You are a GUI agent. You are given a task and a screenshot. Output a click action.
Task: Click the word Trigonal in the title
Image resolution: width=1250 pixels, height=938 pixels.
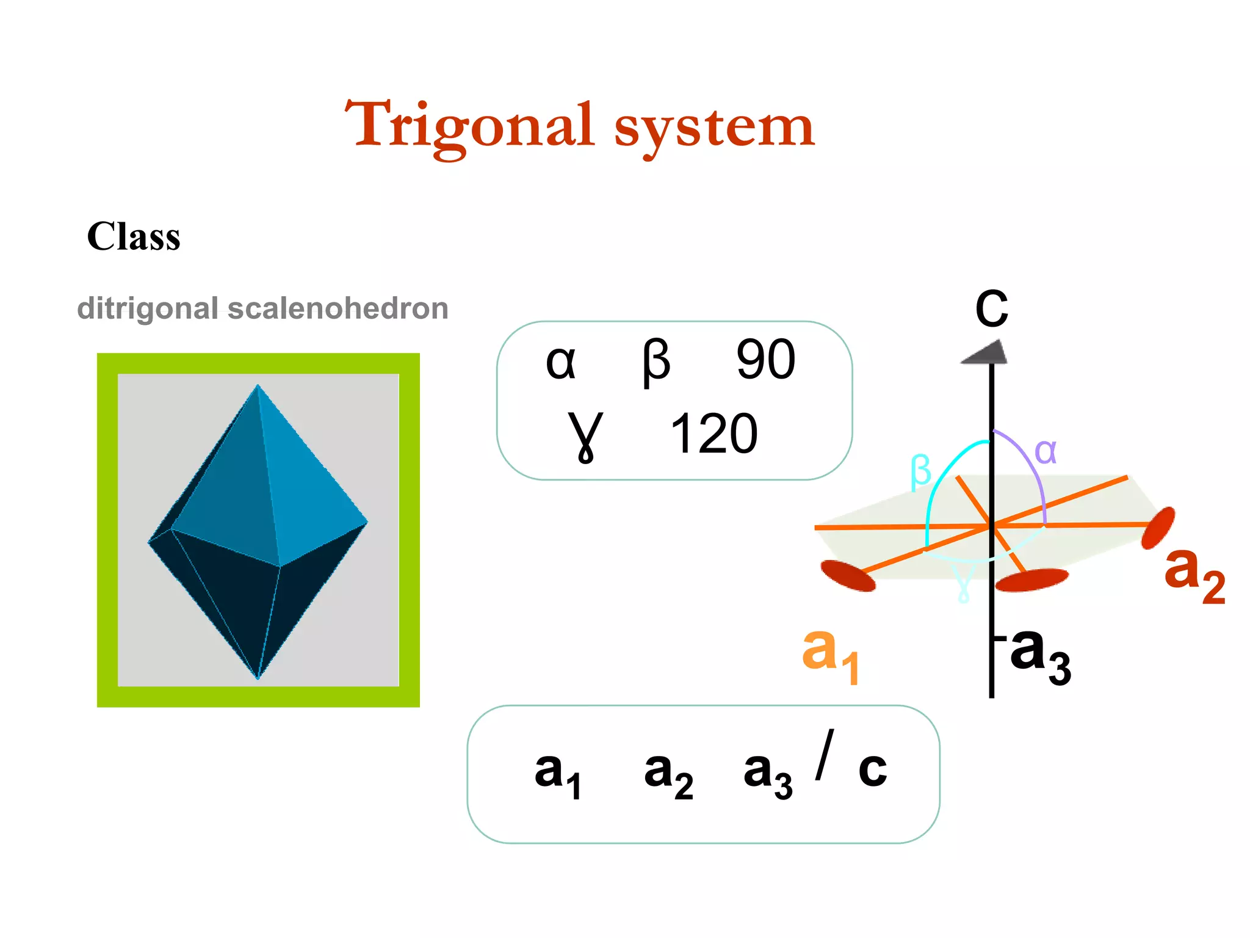pyautogui.click(x=470, y=126)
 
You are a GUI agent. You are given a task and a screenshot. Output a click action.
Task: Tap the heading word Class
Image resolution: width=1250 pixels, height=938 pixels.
pyautogui.click(x=134, y=236)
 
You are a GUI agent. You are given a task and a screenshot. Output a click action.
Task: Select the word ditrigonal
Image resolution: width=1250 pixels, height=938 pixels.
pyautogui.click(x=147, y=308)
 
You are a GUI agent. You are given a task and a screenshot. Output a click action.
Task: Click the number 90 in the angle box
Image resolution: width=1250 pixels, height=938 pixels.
pyautogui.click(x=765, y=360)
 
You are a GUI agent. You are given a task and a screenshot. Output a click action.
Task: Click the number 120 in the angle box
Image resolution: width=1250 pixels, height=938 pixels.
pyautogui.click(x=714, y=434)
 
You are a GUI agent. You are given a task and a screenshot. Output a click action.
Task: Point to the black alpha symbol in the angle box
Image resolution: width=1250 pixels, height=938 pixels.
pyautogui.click(x=560, y=362)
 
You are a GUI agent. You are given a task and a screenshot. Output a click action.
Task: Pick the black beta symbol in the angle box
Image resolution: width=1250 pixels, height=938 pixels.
pyautogui.click(x=656, y=362)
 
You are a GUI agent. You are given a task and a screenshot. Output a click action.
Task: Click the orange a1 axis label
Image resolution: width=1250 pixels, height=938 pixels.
pyautogui.click(x=830, y=653)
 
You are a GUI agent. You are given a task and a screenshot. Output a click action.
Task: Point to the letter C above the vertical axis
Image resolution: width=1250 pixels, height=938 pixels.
pyautogui.click(x=991, y=308)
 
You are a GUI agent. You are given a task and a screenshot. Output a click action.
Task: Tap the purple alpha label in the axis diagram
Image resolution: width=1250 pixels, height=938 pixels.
pyautogui.click(x=1046, y=452)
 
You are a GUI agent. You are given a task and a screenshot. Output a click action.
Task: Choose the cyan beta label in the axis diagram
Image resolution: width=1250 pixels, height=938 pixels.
pyautogui.click(x=920, y=471)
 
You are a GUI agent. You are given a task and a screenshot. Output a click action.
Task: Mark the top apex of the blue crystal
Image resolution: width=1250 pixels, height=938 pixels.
pyautogui.click(x=258, y=385)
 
